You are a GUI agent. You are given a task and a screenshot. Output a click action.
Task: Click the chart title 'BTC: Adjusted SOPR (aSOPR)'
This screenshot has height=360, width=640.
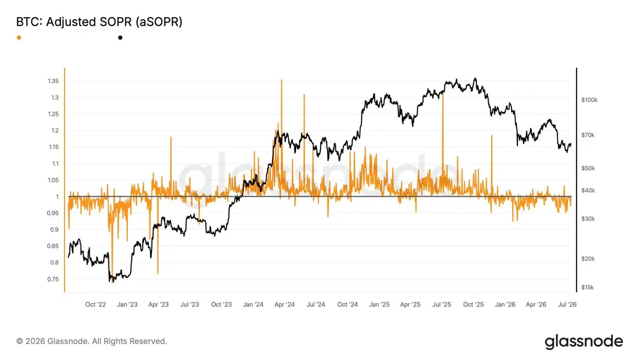click(x=99, y=22)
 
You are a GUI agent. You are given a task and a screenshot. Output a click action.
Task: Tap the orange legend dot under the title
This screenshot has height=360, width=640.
click(x=19, y=38)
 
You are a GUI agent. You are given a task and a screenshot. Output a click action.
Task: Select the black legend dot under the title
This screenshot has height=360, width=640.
click(x=121, y=38)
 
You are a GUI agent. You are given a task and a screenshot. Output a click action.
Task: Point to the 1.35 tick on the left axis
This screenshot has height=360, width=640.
click(x=53, y=81)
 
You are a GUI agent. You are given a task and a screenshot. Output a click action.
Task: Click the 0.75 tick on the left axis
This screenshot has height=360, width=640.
click(x=53, y=279)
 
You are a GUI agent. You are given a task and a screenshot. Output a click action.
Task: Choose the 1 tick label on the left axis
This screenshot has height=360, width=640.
click(x=57, y=197)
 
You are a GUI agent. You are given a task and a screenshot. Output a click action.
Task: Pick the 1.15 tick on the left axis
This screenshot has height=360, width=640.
click(x=53, y=147)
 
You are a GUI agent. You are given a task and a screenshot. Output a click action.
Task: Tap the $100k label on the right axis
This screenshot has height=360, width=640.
click(x=589, y=100)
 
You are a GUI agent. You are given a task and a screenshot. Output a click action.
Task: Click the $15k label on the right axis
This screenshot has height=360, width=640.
click(x=587, y=287)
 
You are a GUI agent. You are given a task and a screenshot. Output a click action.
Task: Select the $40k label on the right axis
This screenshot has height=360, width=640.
click(x=588, y=190)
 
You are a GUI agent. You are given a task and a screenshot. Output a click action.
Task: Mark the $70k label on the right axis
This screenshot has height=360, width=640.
click(x=588, y=135)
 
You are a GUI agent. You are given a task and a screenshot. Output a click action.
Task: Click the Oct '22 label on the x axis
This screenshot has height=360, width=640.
click(x=95, y=305)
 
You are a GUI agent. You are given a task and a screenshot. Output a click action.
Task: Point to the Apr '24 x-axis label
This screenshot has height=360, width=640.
click(x=284, y=305)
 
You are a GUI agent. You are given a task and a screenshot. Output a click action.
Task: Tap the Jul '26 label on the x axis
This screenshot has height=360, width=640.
click(x=567, y=305)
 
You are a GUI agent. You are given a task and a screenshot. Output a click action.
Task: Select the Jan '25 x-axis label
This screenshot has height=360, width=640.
click(x=379, y=305)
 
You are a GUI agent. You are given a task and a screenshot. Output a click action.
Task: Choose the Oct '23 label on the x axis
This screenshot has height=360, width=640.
click(x=221, y=305)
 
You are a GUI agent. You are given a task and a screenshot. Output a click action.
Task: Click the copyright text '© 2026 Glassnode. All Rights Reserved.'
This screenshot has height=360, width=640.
click(x=92, y=341)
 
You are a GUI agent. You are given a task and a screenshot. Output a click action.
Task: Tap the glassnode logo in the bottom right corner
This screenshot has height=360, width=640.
click(x=583, y=342)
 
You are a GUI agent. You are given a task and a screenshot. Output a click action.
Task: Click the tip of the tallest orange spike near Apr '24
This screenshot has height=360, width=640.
click(x=282, y=79)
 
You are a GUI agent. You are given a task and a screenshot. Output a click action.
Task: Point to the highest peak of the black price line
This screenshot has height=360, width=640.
click(x=475, y=78)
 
